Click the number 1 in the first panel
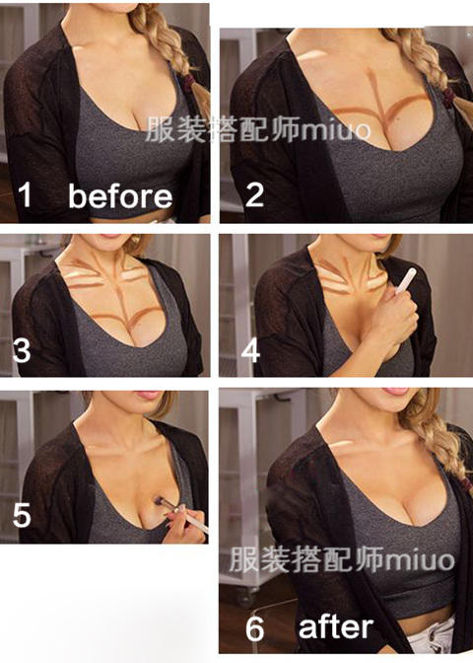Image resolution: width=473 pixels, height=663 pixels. click(x=25, y=195)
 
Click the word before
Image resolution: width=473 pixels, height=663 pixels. click(x=120, y=195)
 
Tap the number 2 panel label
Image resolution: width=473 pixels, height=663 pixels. click(x=254, y=195)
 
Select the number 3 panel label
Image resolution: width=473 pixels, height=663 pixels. click(x=22, y=350)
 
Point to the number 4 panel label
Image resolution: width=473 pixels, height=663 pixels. click(x=250, y=350)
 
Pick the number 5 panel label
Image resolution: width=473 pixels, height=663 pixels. click(x=22, y=515)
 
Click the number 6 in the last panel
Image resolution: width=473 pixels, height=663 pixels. click(x=254, y=628)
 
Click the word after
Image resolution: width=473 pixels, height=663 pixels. click(x=336, y=627)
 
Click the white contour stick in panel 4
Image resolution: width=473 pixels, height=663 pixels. click(x=406, y=280)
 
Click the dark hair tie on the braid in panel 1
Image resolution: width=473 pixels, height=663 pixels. click(x=189, y=81)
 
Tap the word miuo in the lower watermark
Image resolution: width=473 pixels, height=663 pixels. click(x=420, y=559)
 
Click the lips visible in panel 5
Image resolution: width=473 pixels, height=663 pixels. click(x=147, y=396)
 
